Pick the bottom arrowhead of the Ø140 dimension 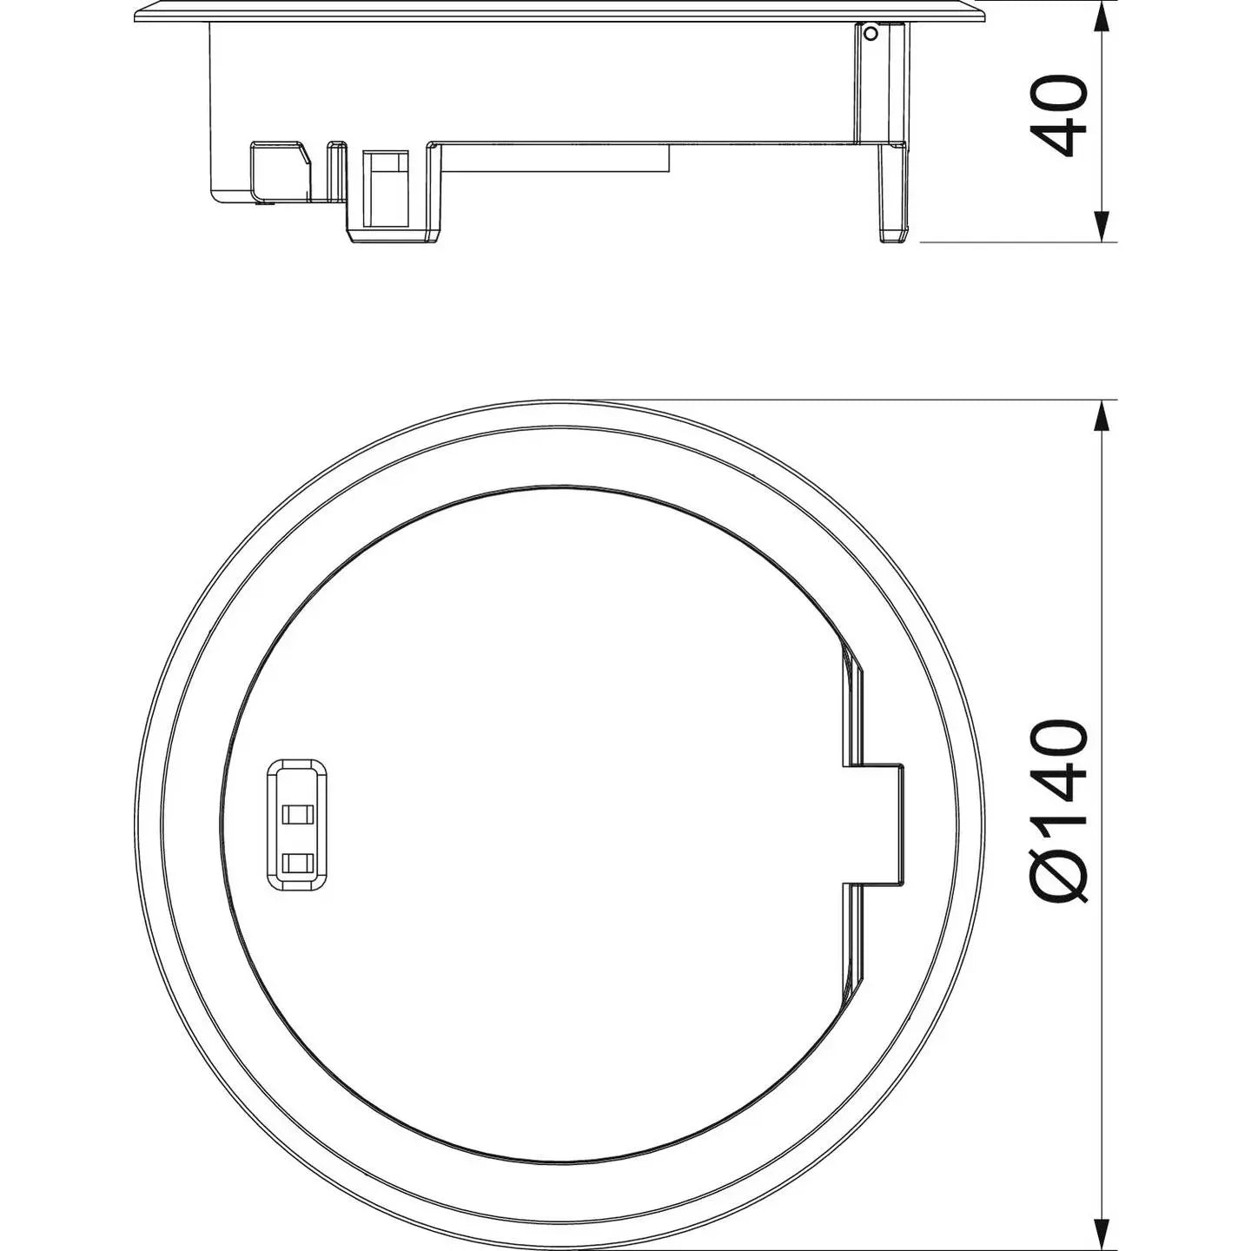[1102, 1234]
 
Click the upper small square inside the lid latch [298, 814]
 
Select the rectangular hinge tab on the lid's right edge [876, 824]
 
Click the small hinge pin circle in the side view [870, 34]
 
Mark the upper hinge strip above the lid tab [853, 699]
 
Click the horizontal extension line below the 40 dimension [1016, 242]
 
